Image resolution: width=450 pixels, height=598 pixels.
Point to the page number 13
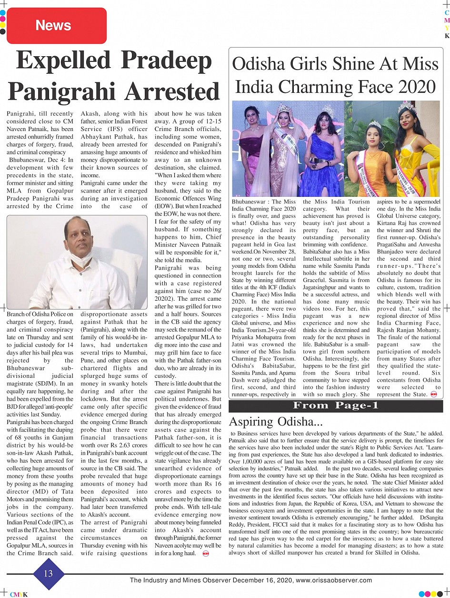[x=48, y=573]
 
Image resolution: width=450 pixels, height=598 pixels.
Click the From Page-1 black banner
[x=336, y=405]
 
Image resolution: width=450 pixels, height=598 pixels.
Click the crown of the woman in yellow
[x=407, y=108]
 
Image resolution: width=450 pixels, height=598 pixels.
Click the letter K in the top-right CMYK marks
[x=447, y=36]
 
